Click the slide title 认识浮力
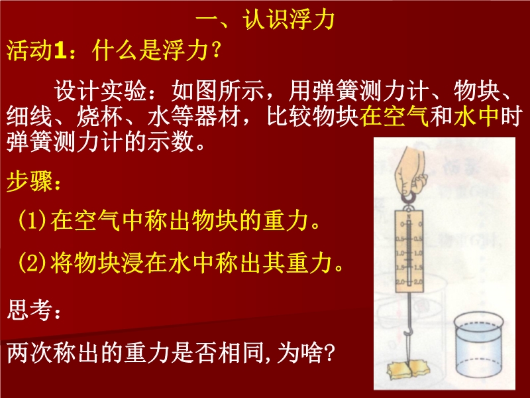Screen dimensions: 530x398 (x=289, y=19)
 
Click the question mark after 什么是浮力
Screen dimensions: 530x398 (x=215, y=51)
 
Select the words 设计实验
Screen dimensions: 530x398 (x=100, y=91)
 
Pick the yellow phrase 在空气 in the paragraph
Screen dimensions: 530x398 (x=394, y=116)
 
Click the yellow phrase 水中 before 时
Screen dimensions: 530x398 (x=476, y=116)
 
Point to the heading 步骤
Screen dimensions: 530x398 (x=30, y=181)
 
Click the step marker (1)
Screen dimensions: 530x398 (x=32, y=221)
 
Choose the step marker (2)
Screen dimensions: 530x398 (x=32, y=263)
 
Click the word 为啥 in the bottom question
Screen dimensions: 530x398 (x=299, y=353)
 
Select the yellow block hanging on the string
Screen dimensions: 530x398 (x=408, y=369)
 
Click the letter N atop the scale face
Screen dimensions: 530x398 (x=409, y=216)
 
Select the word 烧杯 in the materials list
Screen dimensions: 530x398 (x=99, y=116)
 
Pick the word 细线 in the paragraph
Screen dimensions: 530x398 (x=30, y=116)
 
